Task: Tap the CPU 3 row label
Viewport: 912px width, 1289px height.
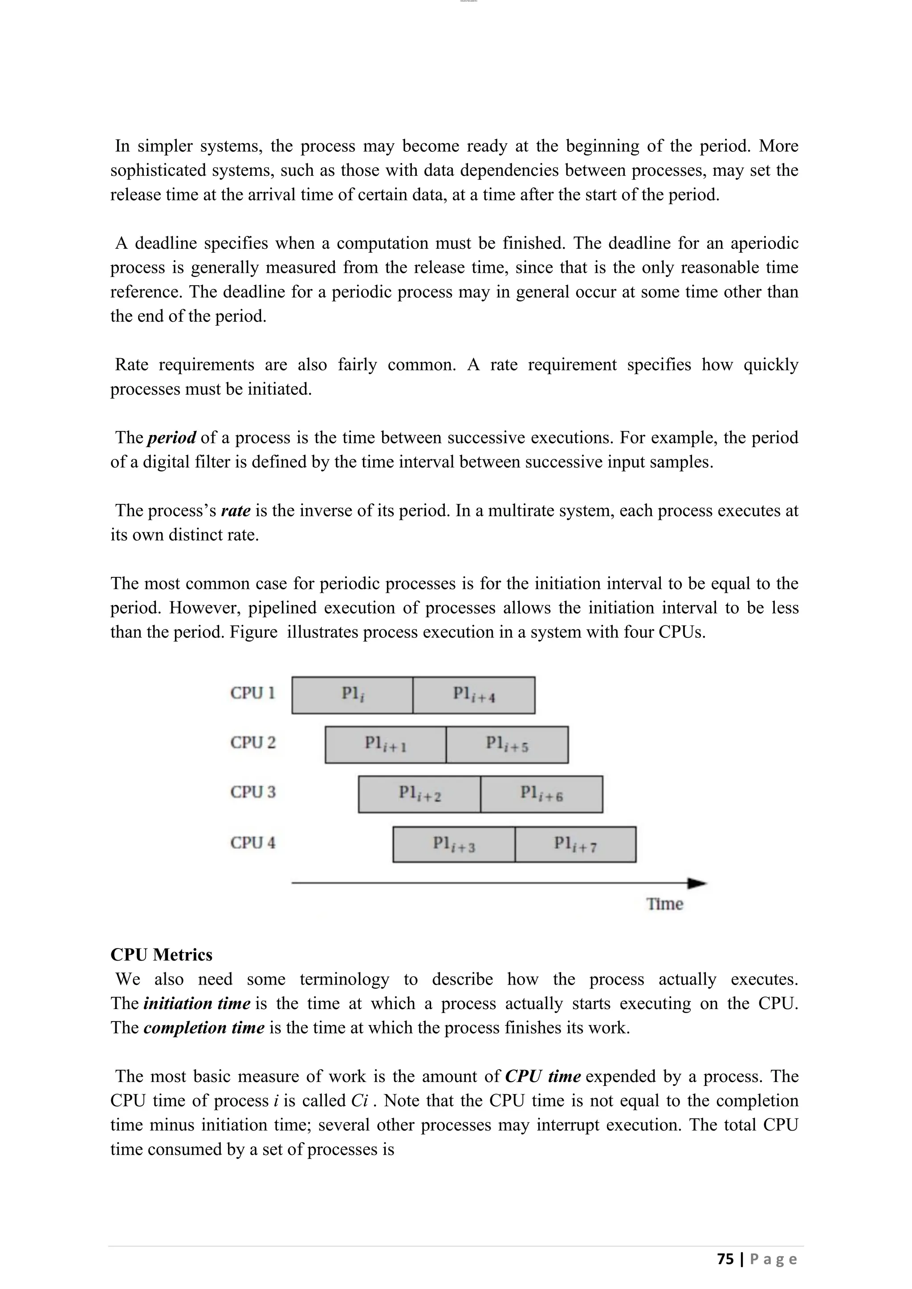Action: [x=252, y=792]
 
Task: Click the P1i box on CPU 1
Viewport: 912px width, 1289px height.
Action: [x=352, y=695]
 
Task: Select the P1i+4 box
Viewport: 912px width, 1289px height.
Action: [x=473, y=695]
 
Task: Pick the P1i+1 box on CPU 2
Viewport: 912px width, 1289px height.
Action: [x=385, y=745]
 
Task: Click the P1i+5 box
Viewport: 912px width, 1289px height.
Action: [x=507, y=745]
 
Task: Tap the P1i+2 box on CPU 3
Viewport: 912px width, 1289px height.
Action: [x=419, y=794]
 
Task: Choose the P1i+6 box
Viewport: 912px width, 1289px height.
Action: [x=541, y=794]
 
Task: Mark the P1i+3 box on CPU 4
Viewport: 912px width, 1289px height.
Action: [x=454, y=844]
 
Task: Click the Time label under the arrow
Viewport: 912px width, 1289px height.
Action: [x=664, y=904]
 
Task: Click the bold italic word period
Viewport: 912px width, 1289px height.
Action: [x=171, y=438]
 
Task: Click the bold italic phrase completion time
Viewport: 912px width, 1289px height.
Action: [x=204, y=1028]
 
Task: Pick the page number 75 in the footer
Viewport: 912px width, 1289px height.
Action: [x=725, y=1259]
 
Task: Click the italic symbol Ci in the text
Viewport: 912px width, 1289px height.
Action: [x=359, y=1101]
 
